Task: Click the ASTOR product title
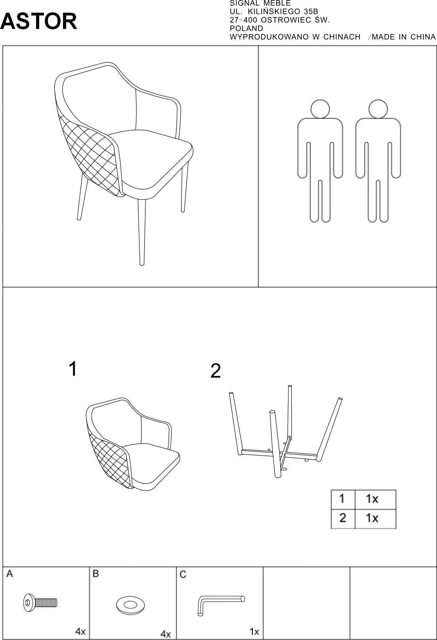[39, 21]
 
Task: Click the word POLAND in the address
[246, 28]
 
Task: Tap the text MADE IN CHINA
[404, 37]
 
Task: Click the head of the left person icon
[320, 109]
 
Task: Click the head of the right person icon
[378, 109]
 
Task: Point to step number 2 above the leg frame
[216, 371]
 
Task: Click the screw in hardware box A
[40, 603]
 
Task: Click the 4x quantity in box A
[80, 631]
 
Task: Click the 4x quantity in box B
[166, 634]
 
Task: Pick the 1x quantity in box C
[254, 631]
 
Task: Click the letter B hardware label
[95, 574]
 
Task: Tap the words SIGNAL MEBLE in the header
[260, 4]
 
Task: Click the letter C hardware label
[183, 575]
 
